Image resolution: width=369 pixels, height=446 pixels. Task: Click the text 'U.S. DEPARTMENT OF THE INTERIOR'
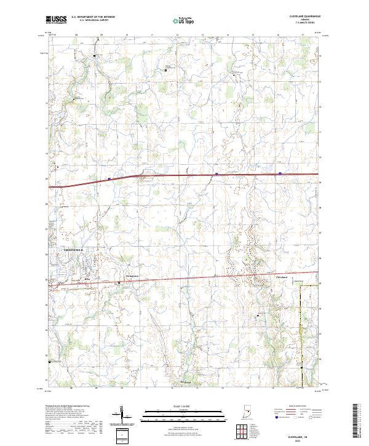pyautogui.click(x=93, y=17)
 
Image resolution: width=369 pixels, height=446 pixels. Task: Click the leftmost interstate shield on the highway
pyautogui.click(x=109, y=179)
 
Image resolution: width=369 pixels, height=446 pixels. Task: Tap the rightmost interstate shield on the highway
pyautogui.click(x=280, y=173)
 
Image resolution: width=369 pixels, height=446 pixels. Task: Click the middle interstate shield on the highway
pyautogui.click(x=216, y=174)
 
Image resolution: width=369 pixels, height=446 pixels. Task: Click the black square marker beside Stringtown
pyautogui.click(x=119, y=283)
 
